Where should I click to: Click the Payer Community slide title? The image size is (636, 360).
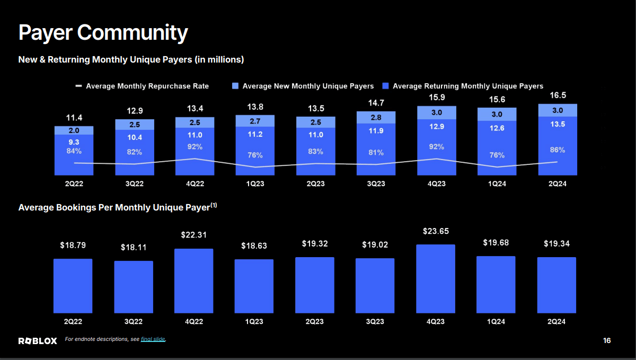click(103, 32)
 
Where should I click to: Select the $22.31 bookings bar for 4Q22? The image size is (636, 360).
click(193, 280)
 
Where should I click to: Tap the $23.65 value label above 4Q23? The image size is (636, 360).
click(436, 231)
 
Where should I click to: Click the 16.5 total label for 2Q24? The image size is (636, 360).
click(558, 95)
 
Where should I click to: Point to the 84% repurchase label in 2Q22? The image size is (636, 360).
click(74, 152)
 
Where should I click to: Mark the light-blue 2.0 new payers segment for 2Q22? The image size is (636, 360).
click(74, 130)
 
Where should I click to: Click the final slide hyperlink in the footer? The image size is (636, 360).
click(153, 339)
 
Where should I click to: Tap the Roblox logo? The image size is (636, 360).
click(38, 341)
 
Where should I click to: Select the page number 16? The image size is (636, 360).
click(607, 340)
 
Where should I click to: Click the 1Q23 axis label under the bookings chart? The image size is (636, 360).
click(254, 321)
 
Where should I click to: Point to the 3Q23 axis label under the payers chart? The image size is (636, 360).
click(376, 184)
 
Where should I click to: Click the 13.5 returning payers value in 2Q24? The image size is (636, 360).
click(558, 124)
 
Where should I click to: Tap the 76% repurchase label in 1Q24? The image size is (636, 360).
click(497, 155)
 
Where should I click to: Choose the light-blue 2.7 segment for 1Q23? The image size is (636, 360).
click(255, 121)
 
